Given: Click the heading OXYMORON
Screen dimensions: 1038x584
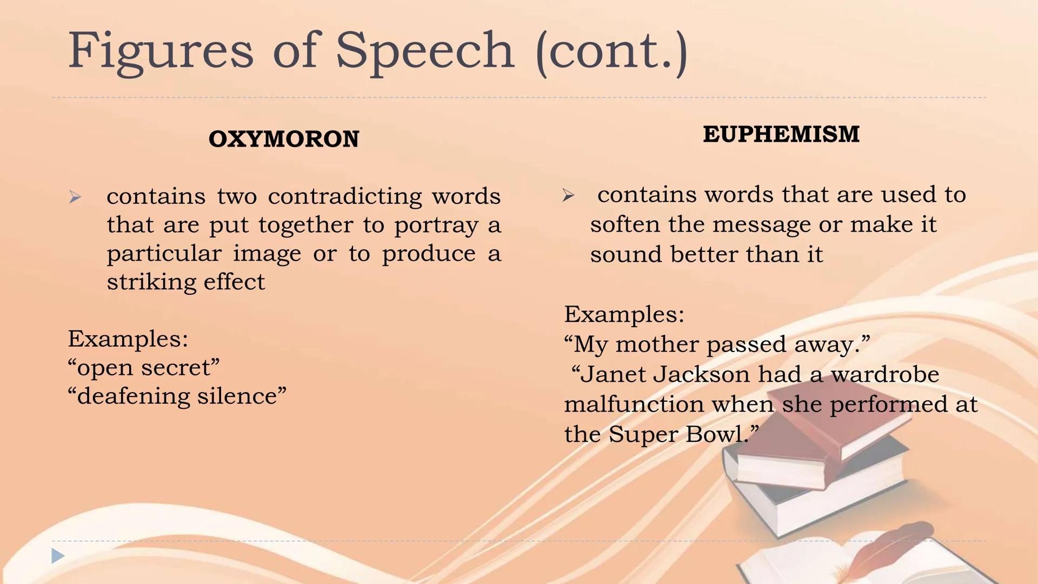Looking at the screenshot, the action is tap(284, 139).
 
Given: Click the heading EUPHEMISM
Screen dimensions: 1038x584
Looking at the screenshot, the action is tap(781, 134).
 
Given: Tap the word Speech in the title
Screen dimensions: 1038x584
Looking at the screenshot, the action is tap(425, 52).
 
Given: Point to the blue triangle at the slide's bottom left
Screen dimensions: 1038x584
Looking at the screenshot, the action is tap(58, 556).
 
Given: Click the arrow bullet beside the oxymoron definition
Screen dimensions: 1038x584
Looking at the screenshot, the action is tap(75, 197).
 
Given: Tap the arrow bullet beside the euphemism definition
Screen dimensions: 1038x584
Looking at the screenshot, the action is tap(568, 195).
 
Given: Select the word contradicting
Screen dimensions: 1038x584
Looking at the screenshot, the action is tap(345, 196).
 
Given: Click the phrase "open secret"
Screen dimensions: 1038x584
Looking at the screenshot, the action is tap(144, 368).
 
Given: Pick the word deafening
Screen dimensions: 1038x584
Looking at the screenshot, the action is tap(134, 396).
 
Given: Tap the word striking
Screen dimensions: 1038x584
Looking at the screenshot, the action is tap(145, 282).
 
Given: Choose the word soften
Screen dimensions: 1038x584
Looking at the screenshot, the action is tap(625, 224).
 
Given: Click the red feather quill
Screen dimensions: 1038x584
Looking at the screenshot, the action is tap(887, 549).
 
